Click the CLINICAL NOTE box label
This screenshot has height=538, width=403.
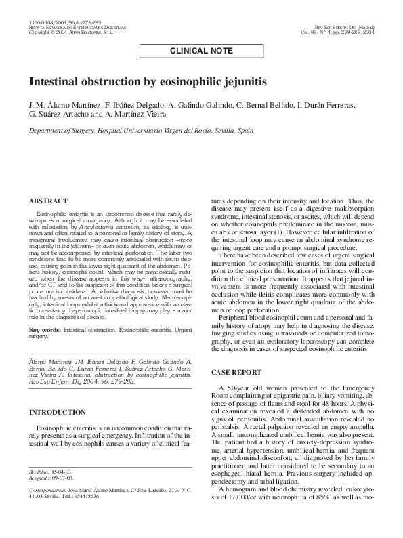click(x=201, y=50)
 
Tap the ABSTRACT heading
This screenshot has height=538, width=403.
click(x=48, y=201)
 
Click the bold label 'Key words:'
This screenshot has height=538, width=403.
click(x=45, y=329)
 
